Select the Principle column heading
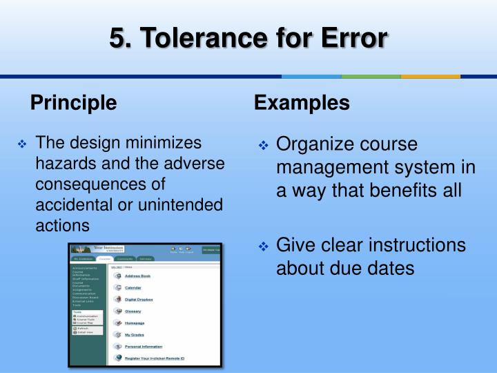coord(73,103)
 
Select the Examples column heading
coord(302,103)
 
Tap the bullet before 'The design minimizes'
coord(22,144)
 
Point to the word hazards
coord(62,164)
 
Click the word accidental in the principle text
coord(71,205)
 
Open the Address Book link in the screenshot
coord(137,276)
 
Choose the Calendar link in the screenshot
coord(133,287)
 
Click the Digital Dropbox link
coord(139,299)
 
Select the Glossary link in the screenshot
coord(133,311)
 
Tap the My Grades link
coord(134,334)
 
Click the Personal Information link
coord(143,346)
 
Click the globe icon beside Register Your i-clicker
coord(118,358)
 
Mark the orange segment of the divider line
coord(431,76)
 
